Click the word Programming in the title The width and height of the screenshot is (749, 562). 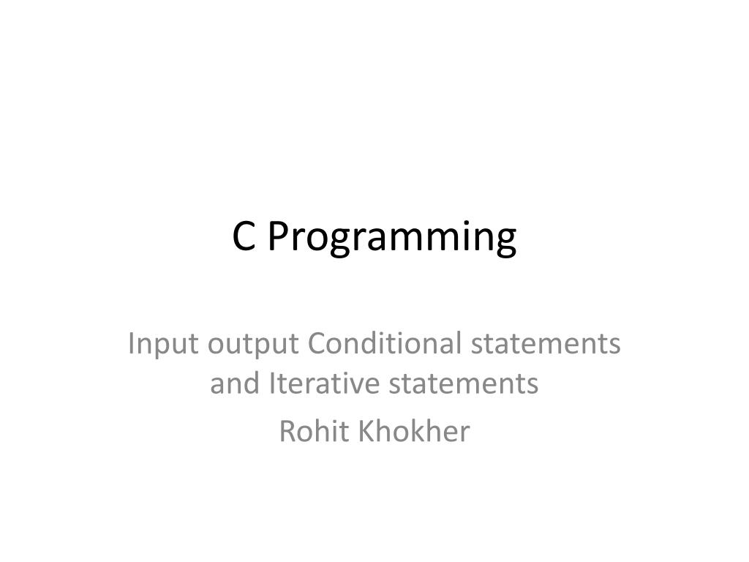(391, 238)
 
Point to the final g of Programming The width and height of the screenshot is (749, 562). (506, 241)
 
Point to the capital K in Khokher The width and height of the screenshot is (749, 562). (366, 431)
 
